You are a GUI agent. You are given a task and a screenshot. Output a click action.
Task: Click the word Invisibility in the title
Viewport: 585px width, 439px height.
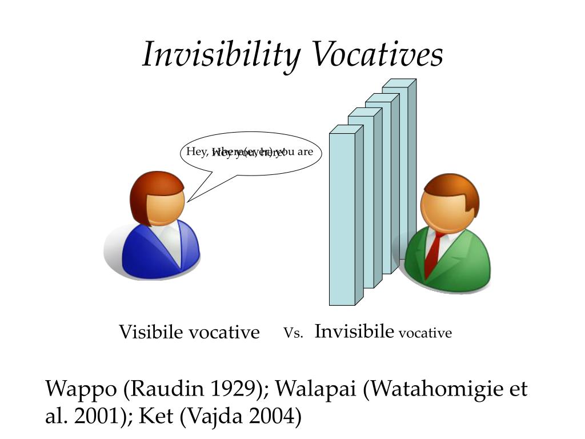[x=222, y=55]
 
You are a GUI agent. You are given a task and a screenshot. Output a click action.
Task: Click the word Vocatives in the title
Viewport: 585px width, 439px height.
[x=377, y=55]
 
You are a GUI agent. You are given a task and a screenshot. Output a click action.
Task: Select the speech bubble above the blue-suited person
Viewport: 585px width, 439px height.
[x=251, y=153]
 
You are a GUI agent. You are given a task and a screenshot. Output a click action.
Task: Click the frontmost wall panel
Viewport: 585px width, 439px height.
[x=342, y=217]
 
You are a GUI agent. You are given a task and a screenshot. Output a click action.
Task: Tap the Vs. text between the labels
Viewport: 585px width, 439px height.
[x=293, y=333]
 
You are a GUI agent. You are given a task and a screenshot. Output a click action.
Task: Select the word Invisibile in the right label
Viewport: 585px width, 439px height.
[x=354, y=331]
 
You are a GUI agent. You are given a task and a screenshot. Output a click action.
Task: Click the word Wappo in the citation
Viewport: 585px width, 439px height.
[x=82, y=390]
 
